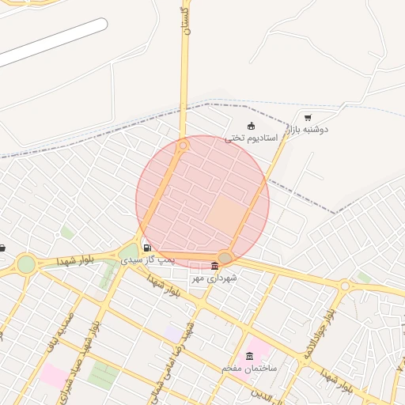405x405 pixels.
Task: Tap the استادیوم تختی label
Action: pyautogui.click(x=252, y=138)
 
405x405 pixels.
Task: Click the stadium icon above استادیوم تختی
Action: pyautogui.click(x=252, y=126)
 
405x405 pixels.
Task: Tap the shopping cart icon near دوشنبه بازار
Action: pyautogui.click(x=308, y=117)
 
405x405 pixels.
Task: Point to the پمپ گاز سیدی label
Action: pyautogui.click(x=142, y=259)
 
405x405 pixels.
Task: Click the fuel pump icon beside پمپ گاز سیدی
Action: pyautogui.click(x=147, y=248)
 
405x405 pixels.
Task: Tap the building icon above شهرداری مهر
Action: pyautogui.click(x=215, y=266)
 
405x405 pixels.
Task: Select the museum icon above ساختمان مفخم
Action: pyautogui.click(x=250, y=356)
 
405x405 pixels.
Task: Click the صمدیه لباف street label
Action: pyautogui.click(x=66, y=331)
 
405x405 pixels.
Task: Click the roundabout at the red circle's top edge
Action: pyautogui.click(x=184, y=146)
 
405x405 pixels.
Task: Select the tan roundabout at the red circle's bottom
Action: pyautogui.click(x=225, y=257)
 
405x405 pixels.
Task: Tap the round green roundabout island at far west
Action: pyautogui.click(x=26, y=263)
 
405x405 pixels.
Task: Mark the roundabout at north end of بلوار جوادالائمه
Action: pyautogui.click(x=345, y=286)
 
